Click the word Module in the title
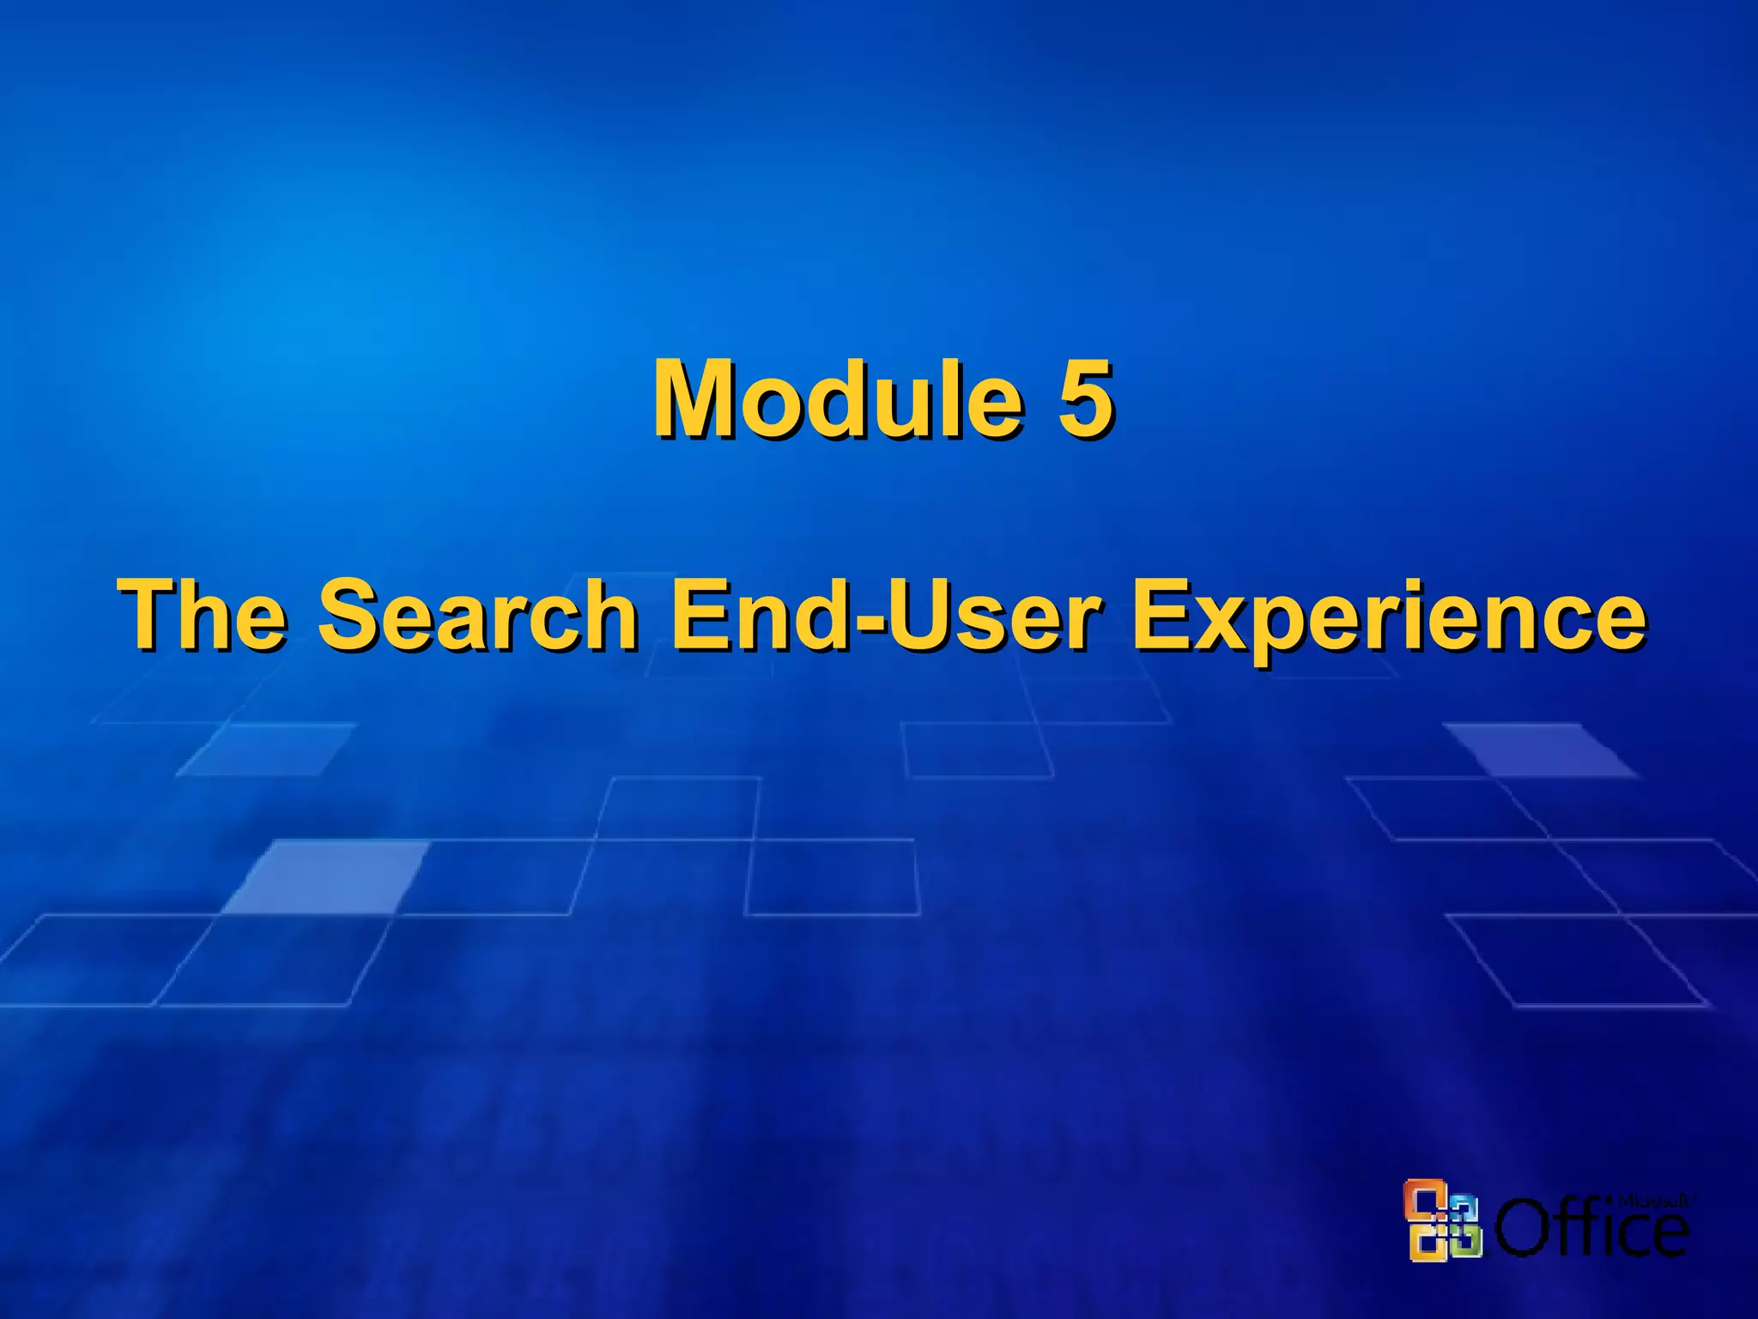pyautogui.click(x=837, y=399)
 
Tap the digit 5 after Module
pyautogui.click(x=1084, y=399)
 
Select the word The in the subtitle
pyautogui.click(x=204, y=615)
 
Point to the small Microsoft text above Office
pyautogui.click(x=1653, y=1201)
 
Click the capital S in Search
pyautogui.click(x=350, y=615)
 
